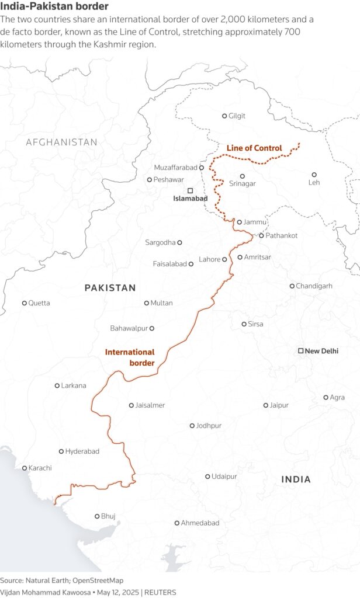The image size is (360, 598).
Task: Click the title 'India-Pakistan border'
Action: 54,6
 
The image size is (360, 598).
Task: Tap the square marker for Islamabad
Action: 190,190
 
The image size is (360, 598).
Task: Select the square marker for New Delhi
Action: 300,351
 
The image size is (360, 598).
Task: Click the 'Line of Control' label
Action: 254,148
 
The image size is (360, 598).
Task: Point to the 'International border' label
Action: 130,357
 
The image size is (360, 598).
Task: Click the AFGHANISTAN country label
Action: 61,142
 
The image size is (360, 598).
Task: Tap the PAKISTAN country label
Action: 110,288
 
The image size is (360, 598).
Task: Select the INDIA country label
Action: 296,479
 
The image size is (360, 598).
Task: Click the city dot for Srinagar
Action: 243,176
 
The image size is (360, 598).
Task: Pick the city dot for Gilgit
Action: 224,116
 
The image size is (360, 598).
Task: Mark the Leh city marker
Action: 314,175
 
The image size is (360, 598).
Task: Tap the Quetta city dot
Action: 25,303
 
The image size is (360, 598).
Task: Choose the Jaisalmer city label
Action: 150,405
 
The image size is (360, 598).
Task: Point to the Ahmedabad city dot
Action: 177,523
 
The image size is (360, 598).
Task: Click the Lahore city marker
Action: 224,259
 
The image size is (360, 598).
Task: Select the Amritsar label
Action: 258,257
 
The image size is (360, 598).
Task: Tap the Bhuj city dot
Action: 97,516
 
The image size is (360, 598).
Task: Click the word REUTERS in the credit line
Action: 160,592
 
